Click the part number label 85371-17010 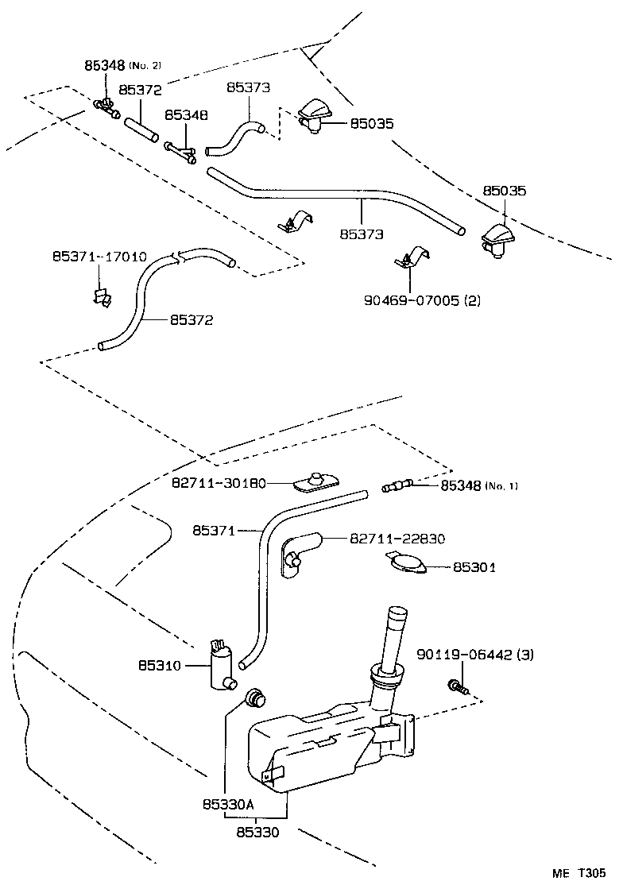(99, 257)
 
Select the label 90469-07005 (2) (422, 300)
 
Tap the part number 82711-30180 (219, 483)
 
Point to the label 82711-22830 (397, 539)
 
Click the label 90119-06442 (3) (475, 655)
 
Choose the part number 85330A (227, 804)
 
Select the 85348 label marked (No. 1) (478, 485)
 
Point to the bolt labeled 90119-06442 (456, 684)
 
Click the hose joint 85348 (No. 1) (396, 485)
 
